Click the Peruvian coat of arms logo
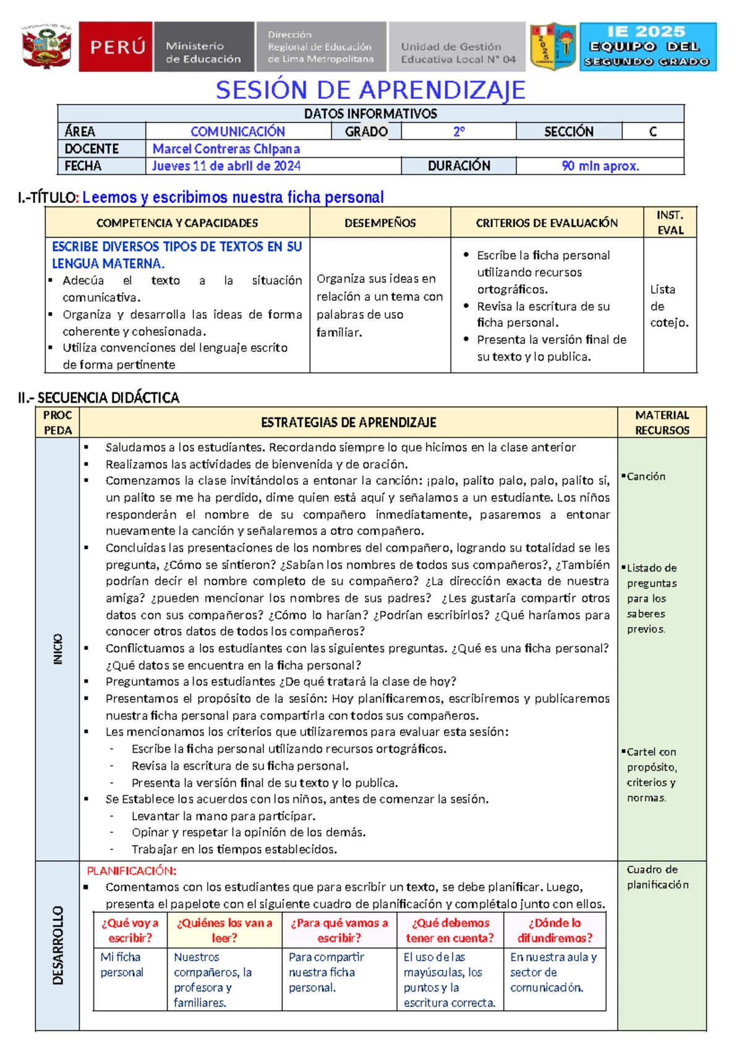click(x=46, y=47)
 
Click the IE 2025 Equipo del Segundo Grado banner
click(x=647, y=46)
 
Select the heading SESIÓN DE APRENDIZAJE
click(x=370, y=90)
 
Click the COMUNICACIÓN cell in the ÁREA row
click(x=237, y=131)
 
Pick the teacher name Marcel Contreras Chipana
click(x=226, y=148)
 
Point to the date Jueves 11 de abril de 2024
click(x=226, y=166)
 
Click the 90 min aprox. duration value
click(x=600, y=166)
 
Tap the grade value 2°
click(x=458, y=131)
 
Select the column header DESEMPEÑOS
click(x=380, y=223)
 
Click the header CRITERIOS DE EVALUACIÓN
click(x=547, y=223)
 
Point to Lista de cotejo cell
click(x=668, y=306)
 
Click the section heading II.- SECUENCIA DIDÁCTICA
click(x=99, y=398)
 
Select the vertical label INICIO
click(x=58, y=649)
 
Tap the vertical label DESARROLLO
click(x=58, y=945)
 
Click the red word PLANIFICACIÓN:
click(x=131, y=871)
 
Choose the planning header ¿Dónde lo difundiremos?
click(x=554, y=930)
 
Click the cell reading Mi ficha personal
click(x=122, y=964)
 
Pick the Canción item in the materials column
click(x=646, y=476)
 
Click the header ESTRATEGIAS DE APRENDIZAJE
click(x=348, y=422)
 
